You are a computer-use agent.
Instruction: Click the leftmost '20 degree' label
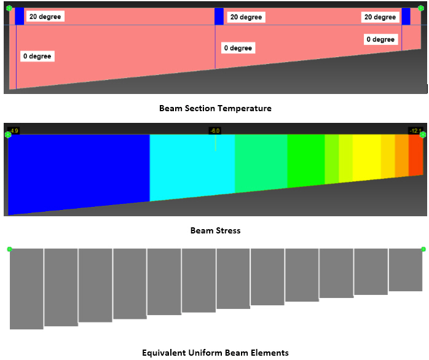(45, 17)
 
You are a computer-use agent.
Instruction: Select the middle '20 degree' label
(245, 17)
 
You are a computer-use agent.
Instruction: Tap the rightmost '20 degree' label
(380, 17)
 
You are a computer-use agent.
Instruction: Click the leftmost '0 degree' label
(37, 56)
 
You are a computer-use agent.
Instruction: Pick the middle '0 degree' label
(238, 48)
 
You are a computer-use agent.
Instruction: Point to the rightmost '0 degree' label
(380, 39)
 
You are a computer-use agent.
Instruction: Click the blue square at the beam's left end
(20, 17)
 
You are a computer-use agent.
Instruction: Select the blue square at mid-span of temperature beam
(219, 17)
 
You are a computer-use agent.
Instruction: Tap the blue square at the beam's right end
(406, 17)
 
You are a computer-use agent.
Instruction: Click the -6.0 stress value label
(214, 131)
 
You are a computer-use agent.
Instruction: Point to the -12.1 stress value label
(415, 131)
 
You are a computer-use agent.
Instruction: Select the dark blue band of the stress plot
(79, 169)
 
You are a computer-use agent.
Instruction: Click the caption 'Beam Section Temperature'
(215, 108)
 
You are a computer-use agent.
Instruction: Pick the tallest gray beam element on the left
(26, 288)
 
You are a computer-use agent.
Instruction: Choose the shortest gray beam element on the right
(406, 270)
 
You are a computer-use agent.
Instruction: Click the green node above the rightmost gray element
(423, 249)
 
